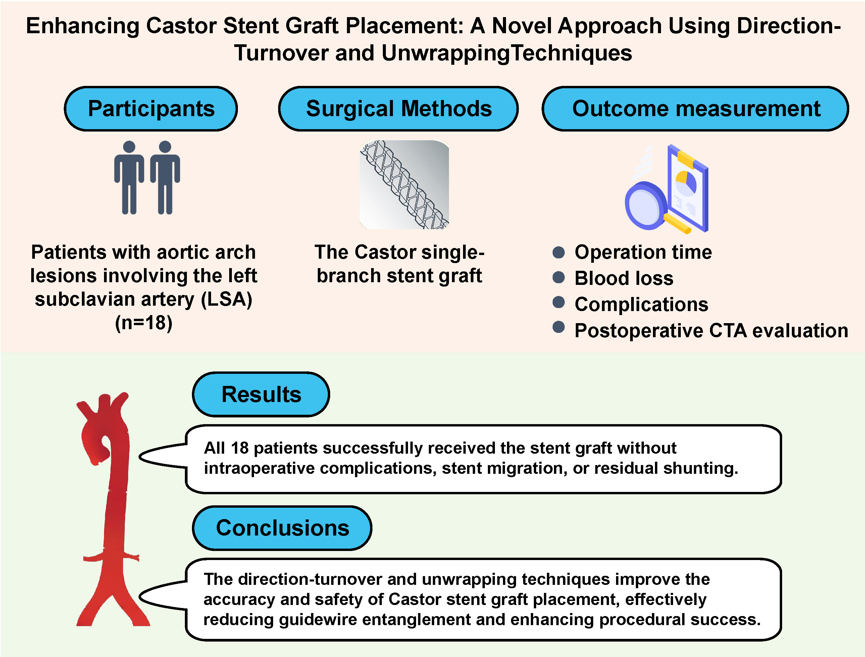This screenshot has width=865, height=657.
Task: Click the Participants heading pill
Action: point(151,109)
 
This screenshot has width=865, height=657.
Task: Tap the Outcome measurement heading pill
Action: point(695,109)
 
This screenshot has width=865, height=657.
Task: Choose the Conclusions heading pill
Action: point(282,528)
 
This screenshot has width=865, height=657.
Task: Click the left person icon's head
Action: point(129,147)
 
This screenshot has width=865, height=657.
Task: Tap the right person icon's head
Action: point(165,147)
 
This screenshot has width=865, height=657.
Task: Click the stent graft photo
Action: point(404,185)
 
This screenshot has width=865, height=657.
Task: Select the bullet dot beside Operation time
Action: point(558,252)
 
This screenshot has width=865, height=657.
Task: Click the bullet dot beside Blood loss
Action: point(558,277)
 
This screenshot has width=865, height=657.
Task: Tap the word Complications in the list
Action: point(641,304)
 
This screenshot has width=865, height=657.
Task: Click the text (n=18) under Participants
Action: point(144,323)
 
